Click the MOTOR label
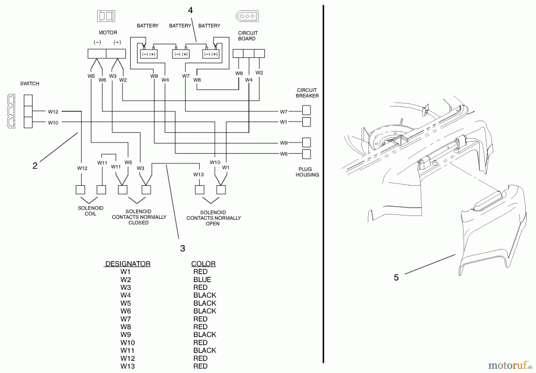coord(108,32)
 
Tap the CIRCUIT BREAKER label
coord(307,93)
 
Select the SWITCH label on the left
coord(29,83)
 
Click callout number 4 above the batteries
coord(190,10)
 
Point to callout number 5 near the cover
coord(396,277)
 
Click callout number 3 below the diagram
coord(183,248)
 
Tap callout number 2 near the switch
coord(35,166)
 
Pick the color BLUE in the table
coord(202,280)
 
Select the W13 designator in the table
coord(127,366)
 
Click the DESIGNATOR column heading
coord(128,264)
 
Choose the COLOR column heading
coord(203,264)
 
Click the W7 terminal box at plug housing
coord(306,110)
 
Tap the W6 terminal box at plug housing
coord(306,154)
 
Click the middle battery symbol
coord(181,54)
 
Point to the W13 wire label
coord(198,174)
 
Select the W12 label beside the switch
coord(53,112)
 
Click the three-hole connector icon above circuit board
coord(247,16)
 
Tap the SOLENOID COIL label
coord(91,211)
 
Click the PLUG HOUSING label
coord(307,172)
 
